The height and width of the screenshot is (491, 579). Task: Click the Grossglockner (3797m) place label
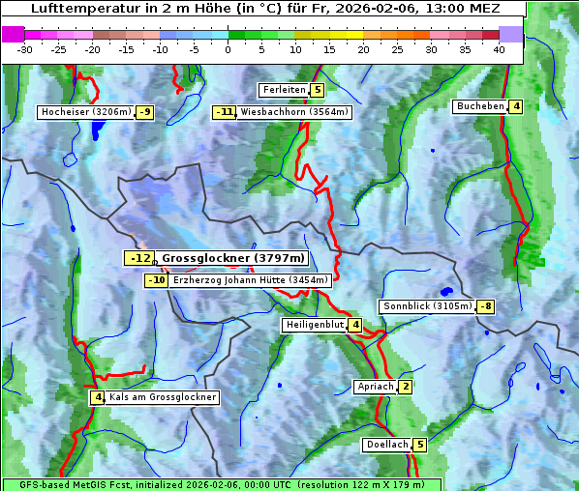(x=233, y=258)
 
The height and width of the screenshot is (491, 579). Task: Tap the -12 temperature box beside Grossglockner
(x=138, y=258)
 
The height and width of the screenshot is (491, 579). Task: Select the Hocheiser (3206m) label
(x=85, y=112)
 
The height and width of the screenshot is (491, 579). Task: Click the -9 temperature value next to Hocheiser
(x=144, y=112)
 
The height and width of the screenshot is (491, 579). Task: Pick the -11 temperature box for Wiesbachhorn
(x=225, y=112)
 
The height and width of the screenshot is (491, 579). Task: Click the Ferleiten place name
(x=284, y=90)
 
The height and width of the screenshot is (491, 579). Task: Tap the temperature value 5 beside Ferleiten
(x=318, y=90)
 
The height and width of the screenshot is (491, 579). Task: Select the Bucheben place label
(x=479, y=106)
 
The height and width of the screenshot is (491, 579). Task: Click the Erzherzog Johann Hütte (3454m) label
(x=251, y=280)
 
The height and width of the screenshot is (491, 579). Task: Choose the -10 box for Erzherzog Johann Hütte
(x=156, y=280)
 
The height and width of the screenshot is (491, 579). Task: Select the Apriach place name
(x=375, y=387)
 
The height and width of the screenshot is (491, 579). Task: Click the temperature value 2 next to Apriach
(x=405, y=387)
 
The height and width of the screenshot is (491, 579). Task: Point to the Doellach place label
(x=386, y=445)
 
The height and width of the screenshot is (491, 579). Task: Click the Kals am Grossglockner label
(x=162, y=397)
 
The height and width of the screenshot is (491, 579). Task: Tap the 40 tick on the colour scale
(x=499, y=49)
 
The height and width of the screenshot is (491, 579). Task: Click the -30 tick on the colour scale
(x=25, y=49)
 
